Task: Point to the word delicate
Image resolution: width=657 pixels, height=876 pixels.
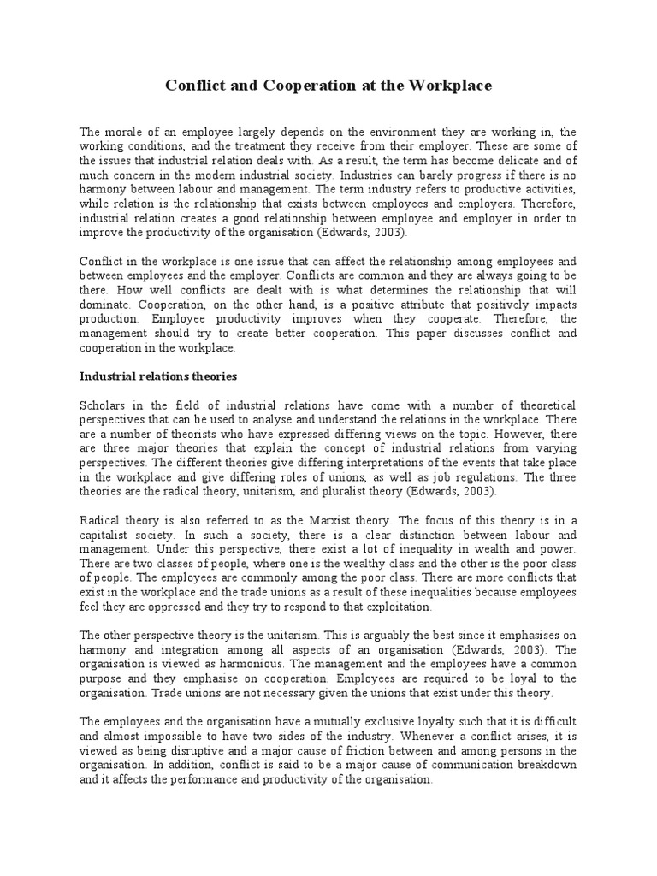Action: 506,160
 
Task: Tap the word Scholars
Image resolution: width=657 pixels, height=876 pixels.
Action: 102,405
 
